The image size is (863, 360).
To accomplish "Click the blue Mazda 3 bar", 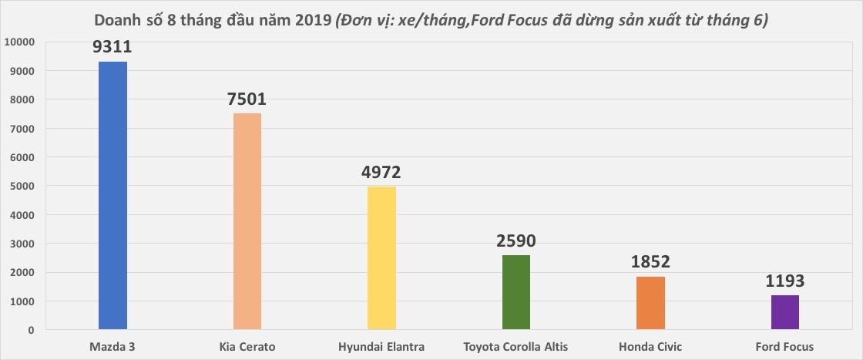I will click(112, 196).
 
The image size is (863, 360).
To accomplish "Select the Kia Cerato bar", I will click(247, 222).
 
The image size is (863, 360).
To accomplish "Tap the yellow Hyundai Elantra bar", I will click(381, 258).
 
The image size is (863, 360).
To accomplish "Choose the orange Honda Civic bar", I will click(650, 303).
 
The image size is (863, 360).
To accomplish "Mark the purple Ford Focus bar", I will click(784, 313).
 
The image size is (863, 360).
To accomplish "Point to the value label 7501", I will click(247, 99).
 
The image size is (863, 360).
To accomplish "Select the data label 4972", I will click(381, 172).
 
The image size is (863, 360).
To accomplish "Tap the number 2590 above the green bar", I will click(516, 241).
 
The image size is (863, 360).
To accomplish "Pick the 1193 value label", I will click(784, 281).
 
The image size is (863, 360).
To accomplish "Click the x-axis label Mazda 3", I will click(112, 346).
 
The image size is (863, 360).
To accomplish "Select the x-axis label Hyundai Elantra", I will click(381, 346).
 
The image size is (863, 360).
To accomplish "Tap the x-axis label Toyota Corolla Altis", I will click(516, 346).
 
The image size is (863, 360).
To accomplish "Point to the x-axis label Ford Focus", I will click(784, 346).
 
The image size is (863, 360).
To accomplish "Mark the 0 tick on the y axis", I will click(31, 330).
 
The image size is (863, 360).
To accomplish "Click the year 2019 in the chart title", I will click(309, 20).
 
